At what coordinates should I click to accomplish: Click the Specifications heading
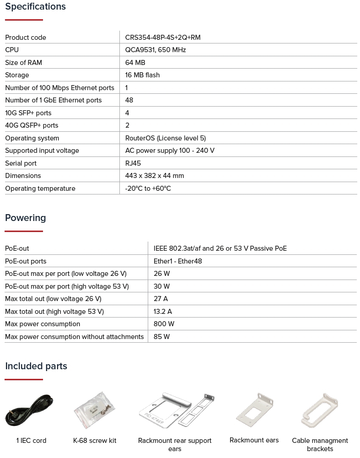click(x=35, y=7)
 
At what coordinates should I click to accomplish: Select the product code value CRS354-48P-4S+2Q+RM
click(x=162, y=38)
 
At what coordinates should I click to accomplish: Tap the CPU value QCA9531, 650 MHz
click(x=155, y=50)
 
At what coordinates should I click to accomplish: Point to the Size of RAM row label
click(x=23, y=63)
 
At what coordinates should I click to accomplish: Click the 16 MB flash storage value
click(x=142, y=75)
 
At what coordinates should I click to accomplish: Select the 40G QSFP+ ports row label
click(x=32, y=125)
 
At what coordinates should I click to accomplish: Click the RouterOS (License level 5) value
click(x=165, y=138)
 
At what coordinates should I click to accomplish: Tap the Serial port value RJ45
click(x=133, y=163)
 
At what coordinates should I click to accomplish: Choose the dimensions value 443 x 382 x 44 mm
click(x=154, y=176)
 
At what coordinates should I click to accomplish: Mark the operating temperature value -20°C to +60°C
click(x=148, y=189)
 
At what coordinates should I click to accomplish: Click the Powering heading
click(x=26, y=218)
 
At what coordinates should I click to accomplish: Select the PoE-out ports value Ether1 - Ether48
click(x=177, y=261)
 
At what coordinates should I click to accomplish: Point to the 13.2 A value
click(x=162, y=312)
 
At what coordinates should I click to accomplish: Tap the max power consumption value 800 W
click(x=164, y=324)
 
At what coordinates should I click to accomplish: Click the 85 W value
click(x=161, y=337)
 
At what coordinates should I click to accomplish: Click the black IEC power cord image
click(x=30, y=410)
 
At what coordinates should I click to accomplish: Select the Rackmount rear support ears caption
click(x=175, y=445)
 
